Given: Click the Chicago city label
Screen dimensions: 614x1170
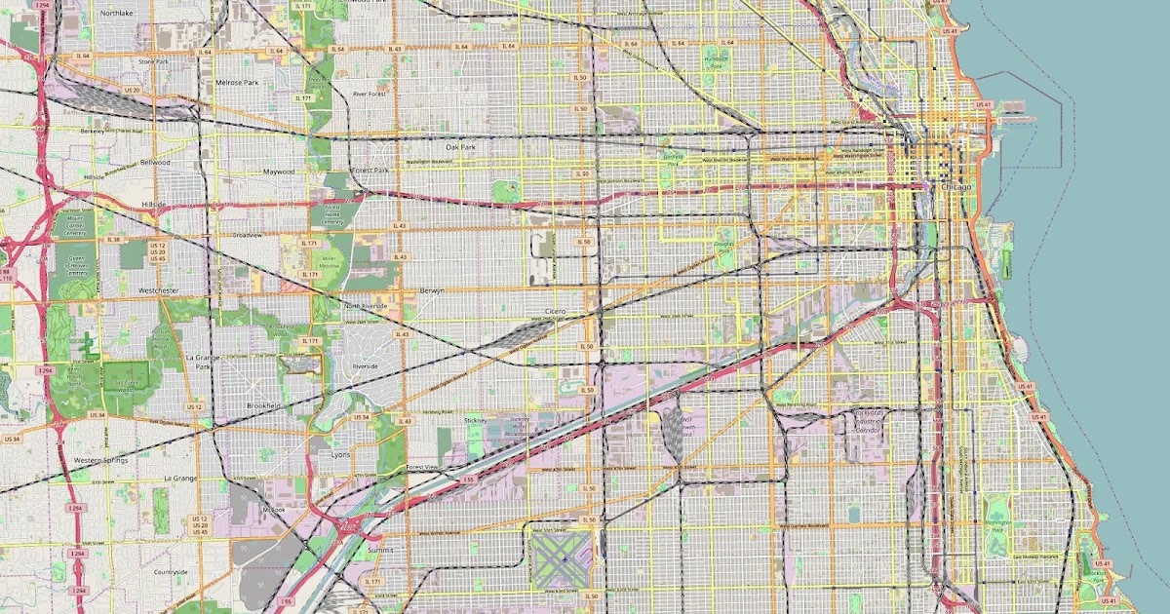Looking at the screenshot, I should click(957, 186).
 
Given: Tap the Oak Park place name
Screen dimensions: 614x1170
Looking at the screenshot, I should click(460, 147).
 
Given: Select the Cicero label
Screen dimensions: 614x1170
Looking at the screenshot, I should click(556, 311).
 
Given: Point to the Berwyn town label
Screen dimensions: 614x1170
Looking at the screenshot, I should click(432, 290).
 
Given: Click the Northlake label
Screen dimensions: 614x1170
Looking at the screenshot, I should click(116, 14).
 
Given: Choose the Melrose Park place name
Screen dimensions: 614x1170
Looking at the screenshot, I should click(237, 83).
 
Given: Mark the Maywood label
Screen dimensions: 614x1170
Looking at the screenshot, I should click(278, 171).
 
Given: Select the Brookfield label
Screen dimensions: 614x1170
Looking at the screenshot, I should click(263, 404).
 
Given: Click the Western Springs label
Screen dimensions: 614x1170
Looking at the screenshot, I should click(100, 460).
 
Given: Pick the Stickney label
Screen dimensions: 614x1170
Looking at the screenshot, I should click(476, 420).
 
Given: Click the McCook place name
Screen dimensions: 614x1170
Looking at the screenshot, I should click(274, 510).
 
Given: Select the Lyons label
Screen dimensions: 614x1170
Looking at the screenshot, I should click(340, 455).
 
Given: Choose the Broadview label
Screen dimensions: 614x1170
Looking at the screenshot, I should click(248, 235).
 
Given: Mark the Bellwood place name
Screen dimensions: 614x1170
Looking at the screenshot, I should click(155, 162).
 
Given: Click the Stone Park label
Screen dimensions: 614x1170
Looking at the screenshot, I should click(153, 61).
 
